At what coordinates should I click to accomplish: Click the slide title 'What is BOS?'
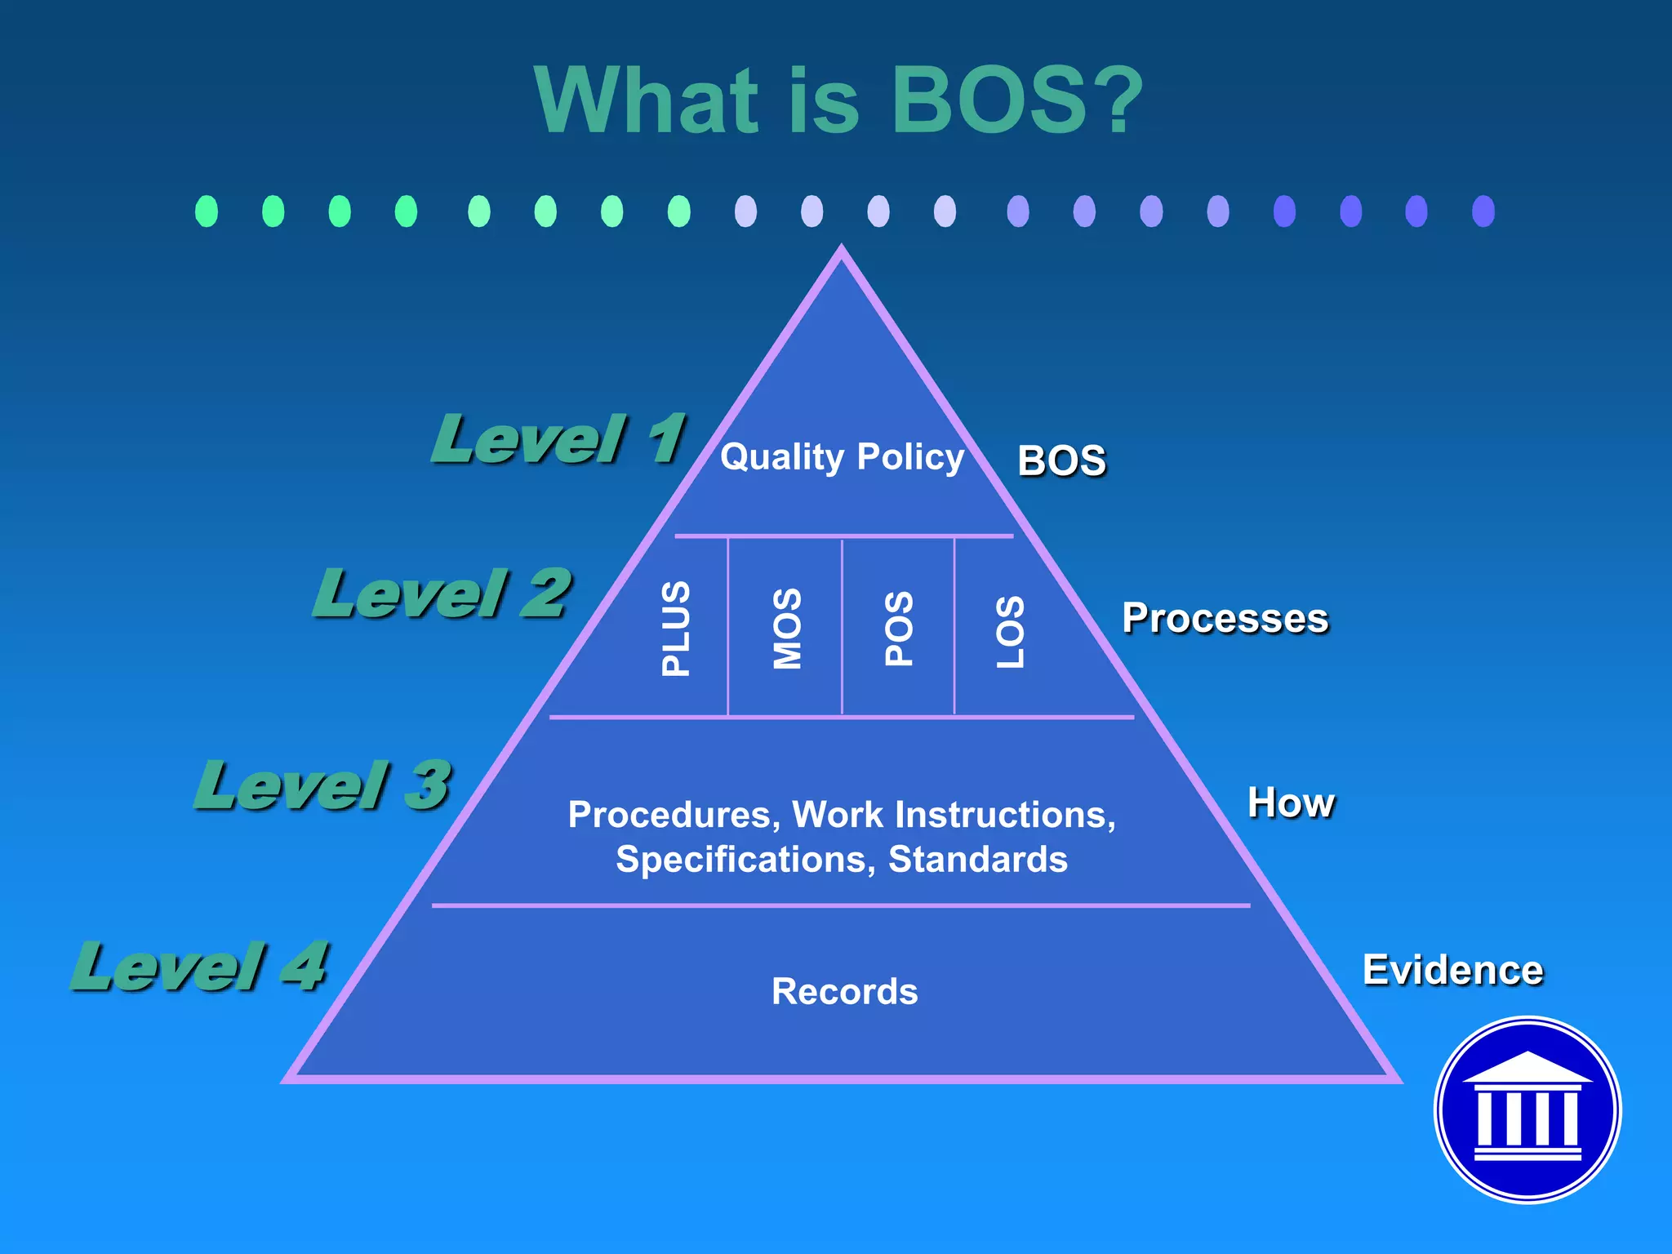838,101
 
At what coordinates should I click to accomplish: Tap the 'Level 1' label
558,439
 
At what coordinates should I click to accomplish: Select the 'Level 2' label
442,594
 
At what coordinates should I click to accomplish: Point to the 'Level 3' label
322,785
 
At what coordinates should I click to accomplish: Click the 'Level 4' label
200,967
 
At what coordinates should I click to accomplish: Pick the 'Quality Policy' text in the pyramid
842,457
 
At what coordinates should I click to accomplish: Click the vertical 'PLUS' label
676,629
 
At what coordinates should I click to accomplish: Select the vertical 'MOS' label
788,629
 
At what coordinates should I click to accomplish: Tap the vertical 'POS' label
899,629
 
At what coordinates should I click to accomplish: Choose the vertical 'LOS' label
1010,631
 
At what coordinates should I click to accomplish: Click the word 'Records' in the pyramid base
844,992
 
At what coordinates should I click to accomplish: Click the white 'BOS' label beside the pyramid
1061,461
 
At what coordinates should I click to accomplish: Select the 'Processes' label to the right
1225,619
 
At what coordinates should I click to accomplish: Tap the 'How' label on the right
1291,803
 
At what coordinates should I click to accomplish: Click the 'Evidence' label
1452,971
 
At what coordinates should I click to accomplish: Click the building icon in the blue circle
1527,1109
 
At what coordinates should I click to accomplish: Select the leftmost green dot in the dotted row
207,211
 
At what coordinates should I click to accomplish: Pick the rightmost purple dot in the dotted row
1483,211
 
